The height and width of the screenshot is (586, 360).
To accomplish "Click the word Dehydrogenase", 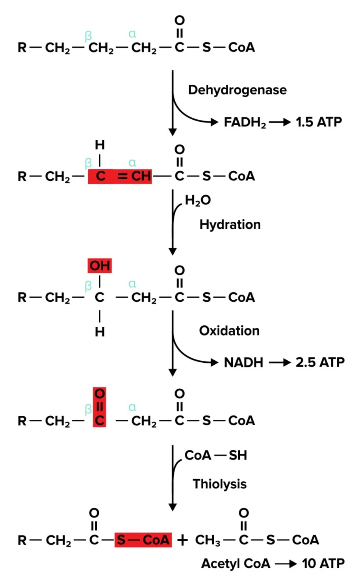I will pyautogui.click(x=237, y=90).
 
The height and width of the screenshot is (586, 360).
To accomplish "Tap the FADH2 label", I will pyautogui.click(x=245, y=122).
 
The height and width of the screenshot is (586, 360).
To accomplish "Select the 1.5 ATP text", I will pyautogui.click(x=319, y=122).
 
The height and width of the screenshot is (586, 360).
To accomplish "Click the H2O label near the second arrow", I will pyautogui.click(x=198, y=201).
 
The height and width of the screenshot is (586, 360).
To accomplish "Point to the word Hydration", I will pyautogui.click(x=230, y=224).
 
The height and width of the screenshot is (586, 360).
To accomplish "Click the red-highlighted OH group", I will pyautogui.click(x=100, y=266).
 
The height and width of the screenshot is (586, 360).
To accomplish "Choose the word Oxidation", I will pyautogui.click(x=229, y=331).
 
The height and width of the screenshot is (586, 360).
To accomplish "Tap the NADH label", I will pyautogui.click(x=243, y=362).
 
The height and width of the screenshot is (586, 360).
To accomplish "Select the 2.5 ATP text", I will pyautogui.click(x=320, y=362).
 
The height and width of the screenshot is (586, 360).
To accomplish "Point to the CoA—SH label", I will pyautogui.click(x=215, y=456).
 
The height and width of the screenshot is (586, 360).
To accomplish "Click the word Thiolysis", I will pyautogui.click(x=219, y=484).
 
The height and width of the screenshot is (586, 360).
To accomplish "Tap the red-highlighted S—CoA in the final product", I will pyautogui.click(x=143, y=540).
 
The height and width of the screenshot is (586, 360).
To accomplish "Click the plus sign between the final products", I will pyautogui.click(x=182, y=540).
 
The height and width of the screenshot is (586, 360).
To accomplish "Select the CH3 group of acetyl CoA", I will pyautogui.click(x=208, y=540).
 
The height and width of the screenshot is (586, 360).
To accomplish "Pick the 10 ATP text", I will pyautogui.click(x=323, y=564).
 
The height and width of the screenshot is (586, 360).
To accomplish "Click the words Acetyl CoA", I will pyautogui.click(x=236, y=564).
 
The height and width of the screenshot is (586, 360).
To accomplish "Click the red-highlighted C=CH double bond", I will pyautogui.click(x=120, y=176).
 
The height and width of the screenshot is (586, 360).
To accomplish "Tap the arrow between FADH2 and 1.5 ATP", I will pyautogui.click(x=280, y=122).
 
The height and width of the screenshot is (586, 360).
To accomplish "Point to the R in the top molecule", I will pyautogui.click(x=22, y=48).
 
